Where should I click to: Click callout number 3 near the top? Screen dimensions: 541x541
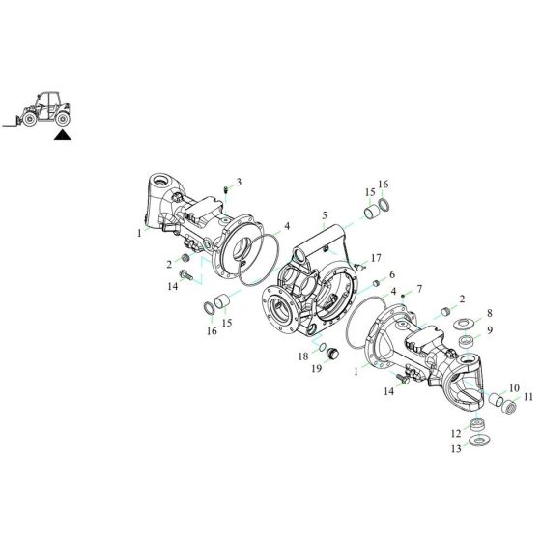point(239,182)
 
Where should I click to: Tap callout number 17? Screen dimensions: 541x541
point(376,258)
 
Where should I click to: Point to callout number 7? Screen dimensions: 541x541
point(418,290)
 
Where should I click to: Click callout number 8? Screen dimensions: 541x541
point(490,314)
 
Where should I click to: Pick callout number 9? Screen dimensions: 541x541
point(490,330)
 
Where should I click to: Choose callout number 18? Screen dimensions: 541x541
point(301,356)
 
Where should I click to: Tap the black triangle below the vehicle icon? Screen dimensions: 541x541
point(63,137)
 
